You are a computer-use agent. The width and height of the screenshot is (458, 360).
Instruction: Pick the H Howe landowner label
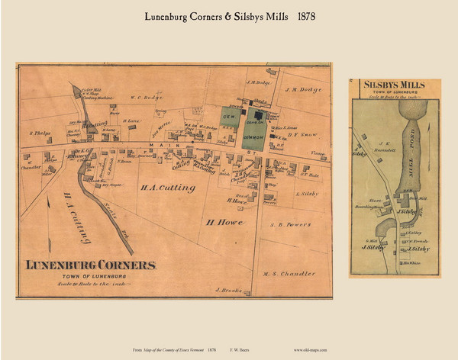222,222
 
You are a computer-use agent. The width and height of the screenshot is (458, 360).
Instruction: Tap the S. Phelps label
40,133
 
